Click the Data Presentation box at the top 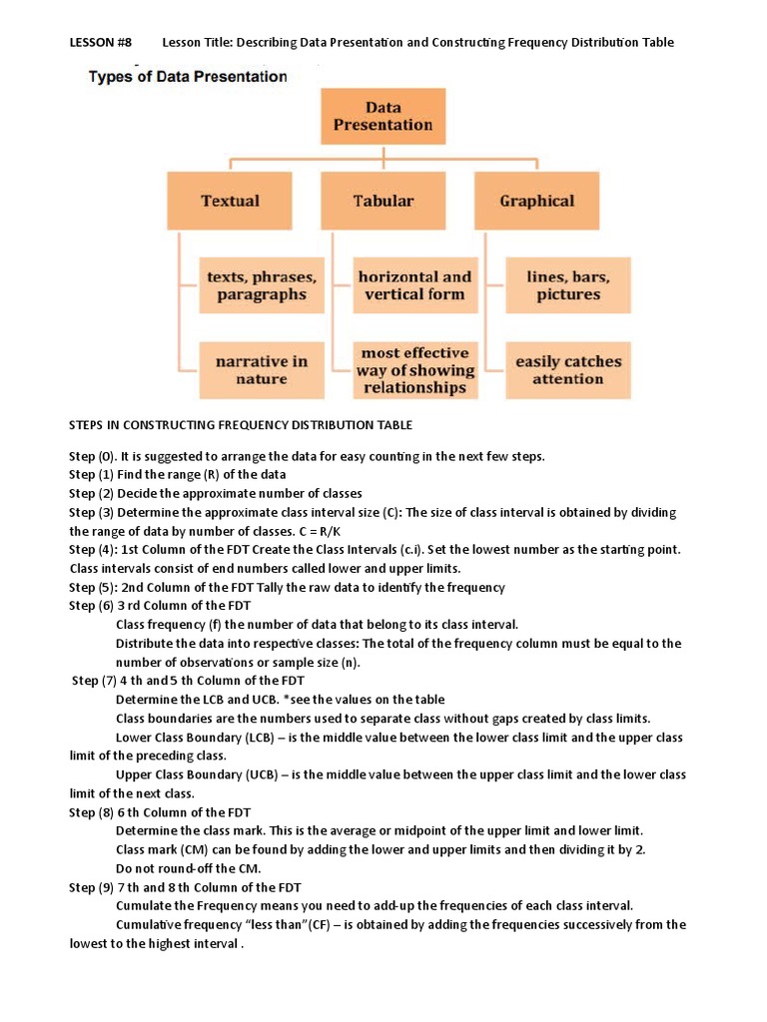383,116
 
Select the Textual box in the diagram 230,201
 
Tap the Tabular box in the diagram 383,201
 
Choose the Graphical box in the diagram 537,201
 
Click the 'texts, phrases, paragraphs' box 262,285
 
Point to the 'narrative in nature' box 262,370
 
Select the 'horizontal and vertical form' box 414,285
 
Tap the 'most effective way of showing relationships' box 414,370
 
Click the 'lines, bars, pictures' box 567,285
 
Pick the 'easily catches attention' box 567,370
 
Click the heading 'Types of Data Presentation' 188,76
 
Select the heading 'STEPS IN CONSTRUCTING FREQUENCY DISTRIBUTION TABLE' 240,424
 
